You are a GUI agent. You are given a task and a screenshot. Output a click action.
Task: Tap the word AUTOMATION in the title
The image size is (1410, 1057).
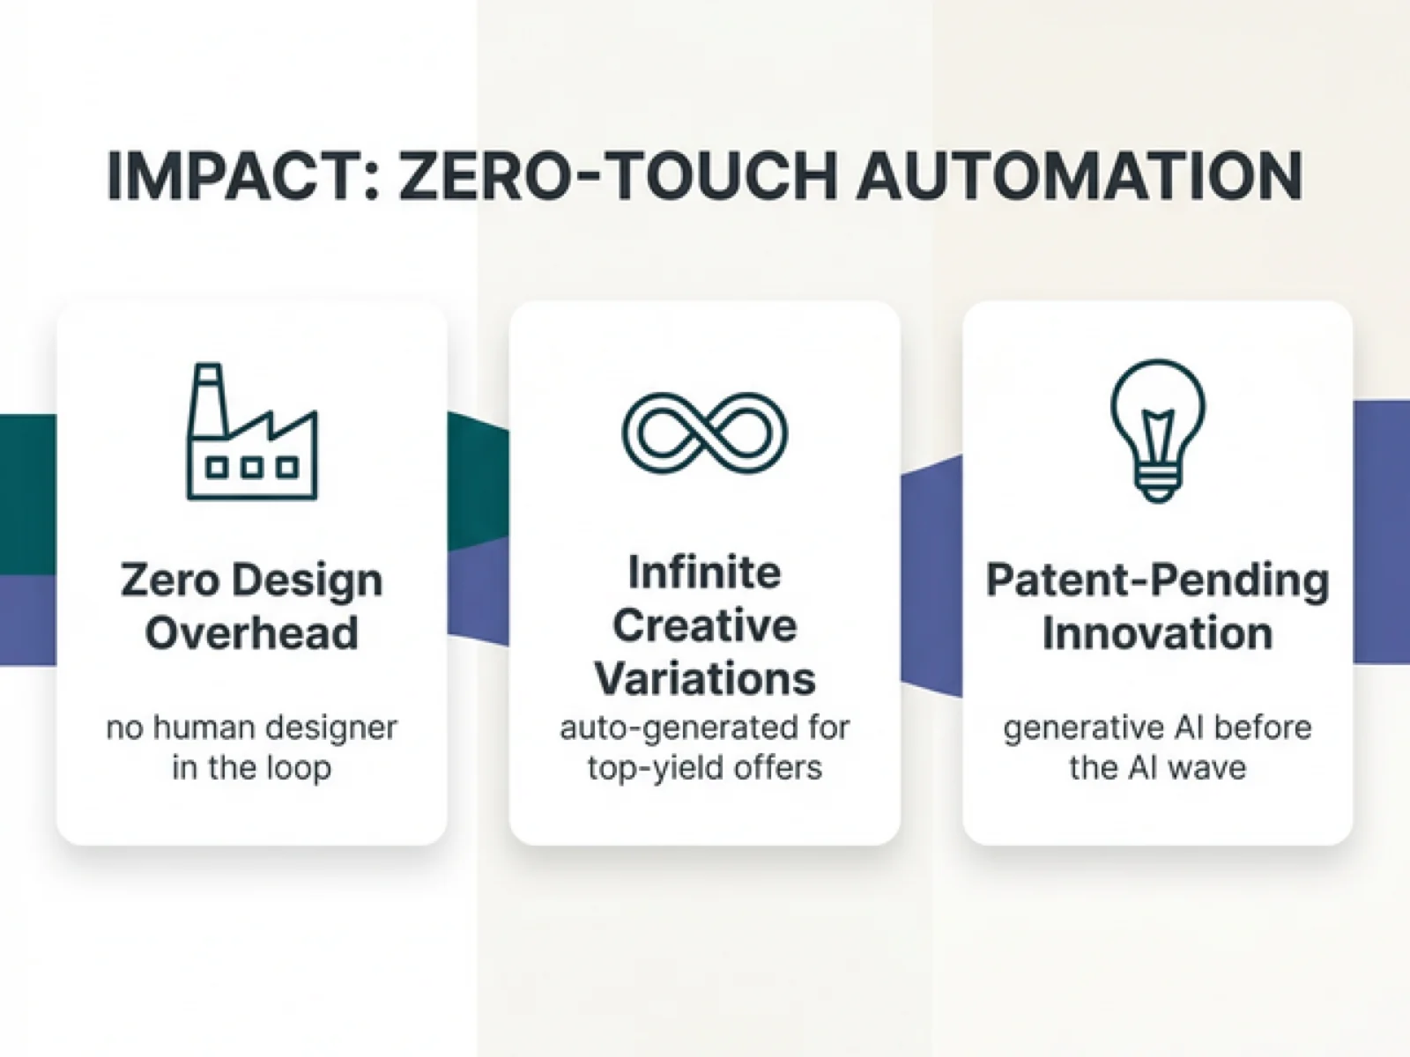[1080, 176]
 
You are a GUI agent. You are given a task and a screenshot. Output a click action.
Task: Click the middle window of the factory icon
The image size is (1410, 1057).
[252, 468]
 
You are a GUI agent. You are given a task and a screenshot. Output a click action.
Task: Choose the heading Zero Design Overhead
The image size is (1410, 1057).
[252, 606]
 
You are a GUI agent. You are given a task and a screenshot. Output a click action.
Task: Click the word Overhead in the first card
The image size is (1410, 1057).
[252, 633]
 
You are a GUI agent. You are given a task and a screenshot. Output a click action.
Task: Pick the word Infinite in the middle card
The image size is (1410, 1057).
[705, 573]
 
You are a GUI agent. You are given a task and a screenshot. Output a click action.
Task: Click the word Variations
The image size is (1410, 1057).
[705, 679]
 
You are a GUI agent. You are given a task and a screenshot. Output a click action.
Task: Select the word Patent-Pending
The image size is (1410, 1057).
[1157, 580]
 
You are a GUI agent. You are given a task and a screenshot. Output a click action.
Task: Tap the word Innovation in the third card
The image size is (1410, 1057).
[1157, 633]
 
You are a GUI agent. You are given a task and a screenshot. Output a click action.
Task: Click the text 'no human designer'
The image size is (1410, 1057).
[252, 728]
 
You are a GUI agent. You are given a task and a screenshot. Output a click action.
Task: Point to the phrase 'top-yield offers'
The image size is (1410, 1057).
[705, 768]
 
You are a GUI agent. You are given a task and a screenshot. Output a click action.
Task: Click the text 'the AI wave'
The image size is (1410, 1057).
[1157, 768]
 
